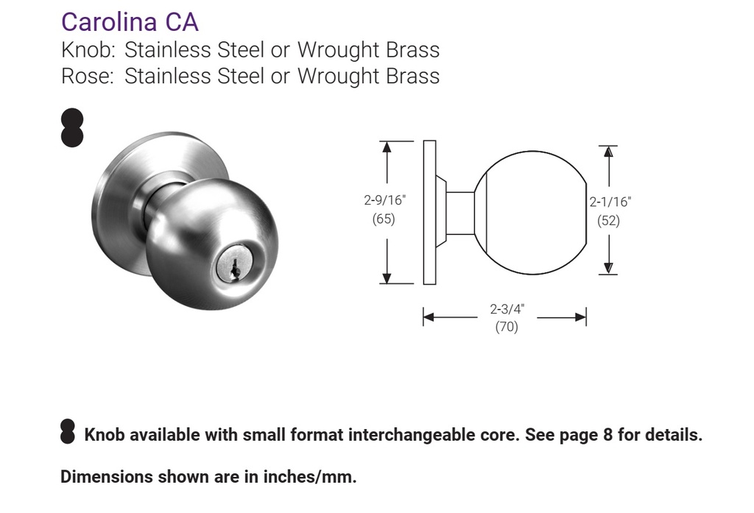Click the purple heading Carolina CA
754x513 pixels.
tap(130, 21)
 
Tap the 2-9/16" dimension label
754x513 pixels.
tap(384, 199)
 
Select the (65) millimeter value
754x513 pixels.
tap(384, 219)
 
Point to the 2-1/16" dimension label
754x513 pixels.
tap(610, 201)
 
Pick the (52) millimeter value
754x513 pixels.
tap(608, 220)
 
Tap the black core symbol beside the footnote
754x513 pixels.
tap(68, 432)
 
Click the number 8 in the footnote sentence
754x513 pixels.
tap(607, 435)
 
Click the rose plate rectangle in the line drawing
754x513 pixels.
tap(429, 212)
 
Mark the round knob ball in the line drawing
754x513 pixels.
tap(530, 213)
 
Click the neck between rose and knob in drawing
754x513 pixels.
tap(460, 213)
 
